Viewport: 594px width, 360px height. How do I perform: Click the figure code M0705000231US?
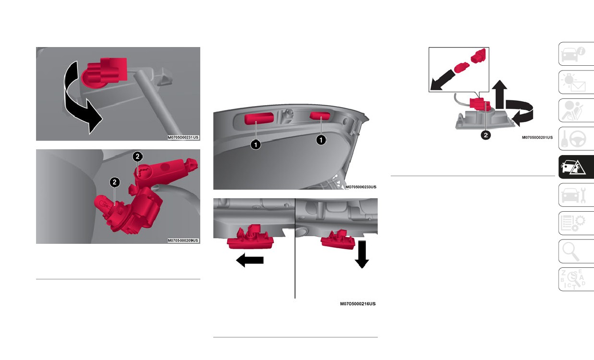click(x=183, y=137)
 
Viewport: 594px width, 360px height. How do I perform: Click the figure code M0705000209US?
click(x=183, y=240)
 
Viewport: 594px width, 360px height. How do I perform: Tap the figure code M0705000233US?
click(x=361, y=187)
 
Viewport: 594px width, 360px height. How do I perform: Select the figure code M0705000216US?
click(x=358, y=304)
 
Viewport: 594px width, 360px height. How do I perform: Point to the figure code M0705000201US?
click(x=537, y=137)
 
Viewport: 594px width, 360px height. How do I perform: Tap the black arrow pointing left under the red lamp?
click(x=250, y=260)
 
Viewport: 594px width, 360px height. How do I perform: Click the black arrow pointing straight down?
click(x=362, y=254)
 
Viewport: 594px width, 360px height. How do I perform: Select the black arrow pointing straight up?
click(x=500, y=95)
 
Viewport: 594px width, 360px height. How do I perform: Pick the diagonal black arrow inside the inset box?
click(x=442, y=80)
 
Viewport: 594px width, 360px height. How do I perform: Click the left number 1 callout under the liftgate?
click(x=255, y=145)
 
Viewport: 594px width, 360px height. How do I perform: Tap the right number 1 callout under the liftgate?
click(x=321, y=140)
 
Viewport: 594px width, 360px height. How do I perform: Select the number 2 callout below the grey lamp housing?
click(x=486, y=135)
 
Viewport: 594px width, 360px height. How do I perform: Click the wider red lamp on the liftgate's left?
click(x=259, y=118)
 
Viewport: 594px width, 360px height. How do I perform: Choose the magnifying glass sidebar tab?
click(x=576, y=252)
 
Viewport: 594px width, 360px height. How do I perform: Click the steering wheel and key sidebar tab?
click(x=576, y=139)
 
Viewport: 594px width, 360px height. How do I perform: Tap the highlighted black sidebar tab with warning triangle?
click(x=576, y=167)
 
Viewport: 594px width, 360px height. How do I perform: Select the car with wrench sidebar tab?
click(x=576, y=195)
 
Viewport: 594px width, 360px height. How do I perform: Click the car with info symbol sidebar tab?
click(x=576, y=54)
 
